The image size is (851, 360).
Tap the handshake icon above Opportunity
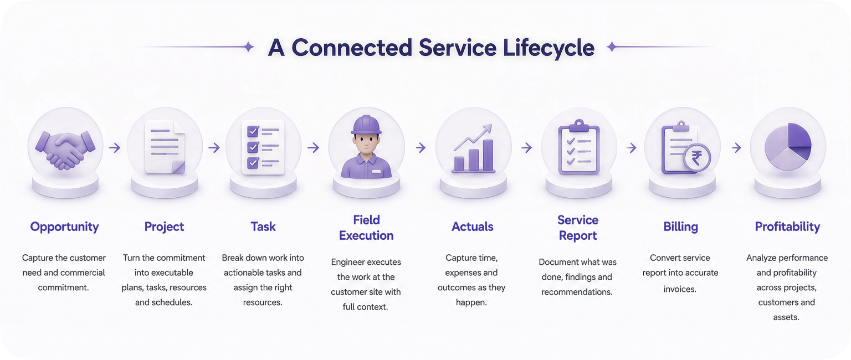(x=65, y=150)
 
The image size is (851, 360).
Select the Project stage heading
(x=164, y=227)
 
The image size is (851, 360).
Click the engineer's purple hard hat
(x=366, y=125)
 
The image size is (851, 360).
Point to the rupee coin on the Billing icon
(x=696, y=158)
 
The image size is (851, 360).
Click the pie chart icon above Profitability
(x=788, y=147)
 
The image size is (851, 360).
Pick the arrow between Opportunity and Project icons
(x=115, y=147)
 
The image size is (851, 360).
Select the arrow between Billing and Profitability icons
(x=737, y=147)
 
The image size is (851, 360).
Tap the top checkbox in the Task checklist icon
(x=253, y=131)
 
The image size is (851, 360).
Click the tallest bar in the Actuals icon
(x=488, y=155)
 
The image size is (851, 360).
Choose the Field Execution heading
(x=366, y=228)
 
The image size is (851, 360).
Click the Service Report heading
(x=578, y=228)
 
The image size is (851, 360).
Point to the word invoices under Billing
(x=680, y=289)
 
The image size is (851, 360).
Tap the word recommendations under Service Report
(x=577, y=292)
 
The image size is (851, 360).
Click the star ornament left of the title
(x=248, y=47)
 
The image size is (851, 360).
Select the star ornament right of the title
(x=612, y=47)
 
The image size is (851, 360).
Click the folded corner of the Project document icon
(x=178, y=167)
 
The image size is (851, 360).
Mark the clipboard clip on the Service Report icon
(x=578, y=125)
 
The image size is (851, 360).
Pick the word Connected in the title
(x=352, y=48)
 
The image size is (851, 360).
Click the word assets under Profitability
(x=786, y=317)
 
